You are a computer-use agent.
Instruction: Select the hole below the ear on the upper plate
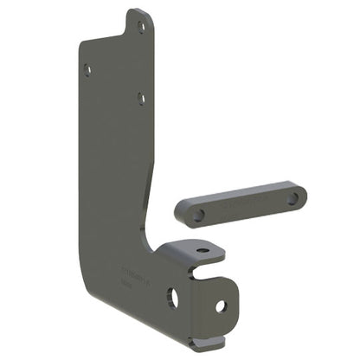[x=143, y=100]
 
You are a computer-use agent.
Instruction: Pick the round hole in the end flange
[x=220, y=305]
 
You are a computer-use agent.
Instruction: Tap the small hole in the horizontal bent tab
[x=202, y=251]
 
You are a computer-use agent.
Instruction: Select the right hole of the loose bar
[x=292, y=198]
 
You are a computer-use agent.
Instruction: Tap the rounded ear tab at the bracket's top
[x=138, y=21]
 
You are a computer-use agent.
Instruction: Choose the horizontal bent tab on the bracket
[x=195, y=252]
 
